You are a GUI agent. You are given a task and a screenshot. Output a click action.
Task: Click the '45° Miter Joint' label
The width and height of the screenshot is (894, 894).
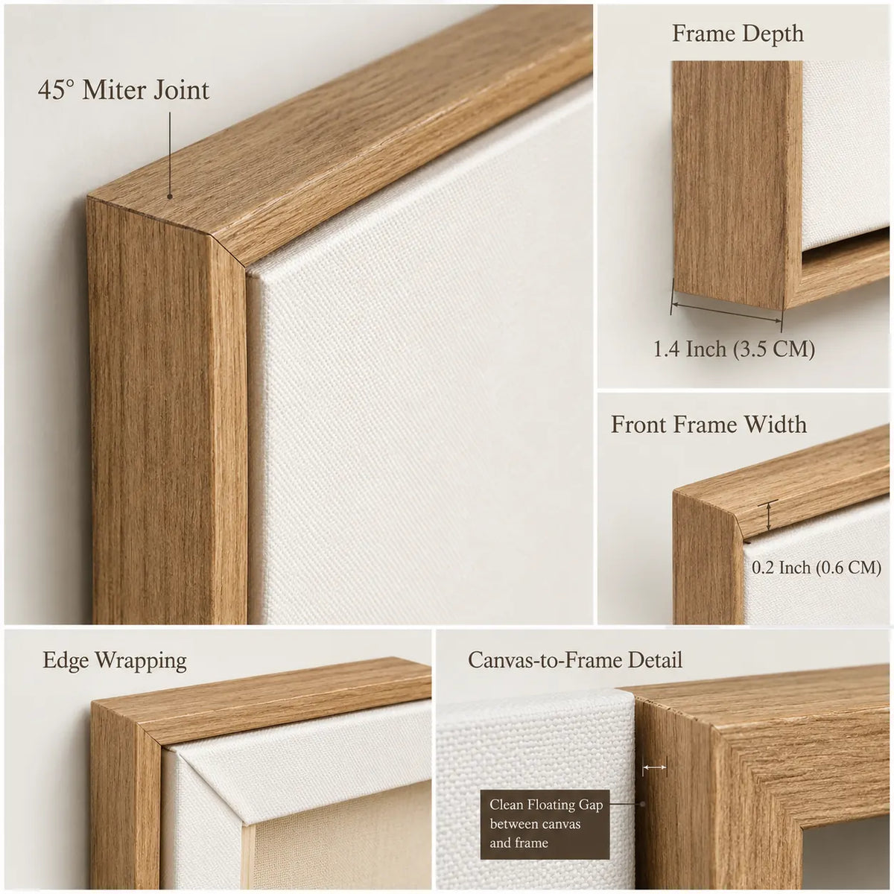(124, 90)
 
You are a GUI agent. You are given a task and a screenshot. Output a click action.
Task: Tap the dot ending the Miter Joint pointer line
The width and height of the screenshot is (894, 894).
(170, 197)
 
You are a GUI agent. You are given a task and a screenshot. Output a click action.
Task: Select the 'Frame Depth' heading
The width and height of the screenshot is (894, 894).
(738, 34)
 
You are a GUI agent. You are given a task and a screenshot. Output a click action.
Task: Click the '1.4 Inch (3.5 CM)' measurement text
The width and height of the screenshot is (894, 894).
(734, 349)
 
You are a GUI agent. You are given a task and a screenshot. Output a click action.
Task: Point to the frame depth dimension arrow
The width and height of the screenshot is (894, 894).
(726, 312)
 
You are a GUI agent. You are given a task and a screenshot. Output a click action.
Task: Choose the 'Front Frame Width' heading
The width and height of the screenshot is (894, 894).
(708, 425)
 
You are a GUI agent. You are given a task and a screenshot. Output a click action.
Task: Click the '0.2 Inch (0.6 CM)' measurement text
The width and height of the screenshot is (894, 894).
(816, 568)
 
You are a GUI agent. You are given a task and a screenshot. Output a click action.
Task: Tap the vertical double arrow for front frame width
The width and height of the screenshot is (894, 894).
(769, 516)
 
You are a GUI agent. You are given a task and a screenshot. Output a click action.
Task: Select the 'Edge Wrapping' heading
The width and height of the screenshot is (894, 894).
(115, 662)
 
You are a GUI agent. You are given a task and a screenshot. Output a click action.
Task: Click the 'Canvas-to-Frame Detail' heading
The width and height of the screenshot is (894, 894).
(575, 661)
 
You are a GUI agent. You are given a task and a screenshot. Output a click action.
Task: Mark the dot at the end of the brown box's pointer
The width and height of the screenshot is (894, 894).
(642, 804)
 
